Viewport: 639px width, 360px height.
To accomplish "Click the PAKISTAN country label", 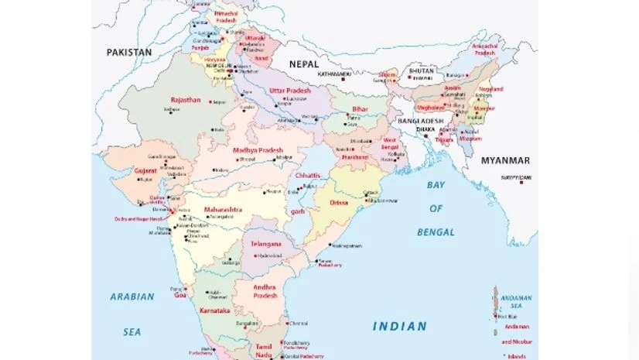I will tap(128, 52).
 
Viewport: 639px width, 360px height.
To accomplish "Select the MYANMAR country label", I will tap(505, 160).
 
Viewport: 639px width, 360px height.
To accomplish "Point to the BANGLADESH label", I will tap(420, 122).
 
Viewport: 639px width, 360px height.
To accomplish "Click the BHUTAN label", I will tap(420, 70).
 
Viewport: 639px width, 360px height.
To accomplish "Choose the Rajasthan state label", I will tap(185, 100).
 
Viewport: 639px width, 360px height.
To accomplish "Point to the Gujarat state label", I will tap(146, 169).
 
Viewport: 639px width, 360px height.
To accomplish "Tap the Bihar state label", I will tap(360, 109).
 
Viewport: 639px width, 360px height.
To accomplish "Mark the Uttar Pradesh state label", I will tap(289, 91).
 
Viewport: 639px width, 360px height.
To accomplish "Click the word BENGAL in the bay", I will tap(436, 231).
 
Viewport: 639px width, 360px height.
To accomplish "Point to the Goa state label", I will tap(179, 295).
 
